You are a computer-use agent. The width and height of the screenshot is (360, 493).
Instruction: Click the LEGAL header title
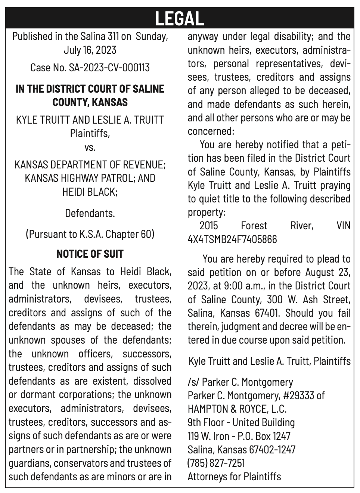pos(180,18)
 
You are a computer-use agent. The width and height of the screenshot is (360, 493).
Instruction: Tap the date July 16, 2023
pos(90,50)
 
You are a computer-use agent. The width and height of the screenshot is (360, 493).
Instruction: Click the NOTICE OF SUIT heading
pos(90,254)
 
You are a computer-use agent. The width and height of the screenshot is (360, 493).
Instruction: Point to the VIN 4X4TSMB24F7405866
pos(232,239)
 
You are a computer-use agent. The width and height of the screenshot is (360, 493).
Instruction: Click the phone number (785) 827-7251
pos(216,463)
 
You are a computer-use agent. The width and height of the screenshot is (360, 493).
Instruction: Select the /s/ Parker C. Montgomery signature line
pos(240,382)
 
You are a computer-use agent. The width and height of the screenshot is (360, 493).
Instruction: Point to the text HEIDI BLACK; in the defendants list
pos(90,192)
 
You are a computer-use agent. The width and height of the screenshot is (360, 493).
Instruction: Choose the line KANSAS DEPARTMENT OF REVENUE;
pos(90,165)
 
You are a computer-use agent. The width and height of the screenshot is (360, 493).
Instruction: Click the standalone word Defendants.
pos(90,213)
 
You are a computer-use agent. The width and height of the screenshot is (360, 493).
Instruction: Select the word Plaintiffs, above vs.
pos(90,133)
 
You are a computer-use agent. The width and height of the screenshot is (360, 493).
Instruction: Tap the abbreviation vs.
pos(90,147)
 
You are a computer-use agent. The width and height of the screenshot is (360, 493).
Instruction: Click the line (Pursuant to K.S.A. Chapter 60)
pos(90,234)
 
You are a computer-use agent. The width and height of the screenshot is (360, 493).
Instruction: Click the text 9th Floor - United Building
pos(241,422)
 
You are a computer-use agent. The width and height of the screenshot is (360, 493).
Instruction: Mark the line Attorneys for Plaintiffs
pos(234,476)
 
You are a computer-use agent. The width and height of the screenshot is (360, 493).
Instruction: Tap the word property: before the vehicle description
pos(207,212)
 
